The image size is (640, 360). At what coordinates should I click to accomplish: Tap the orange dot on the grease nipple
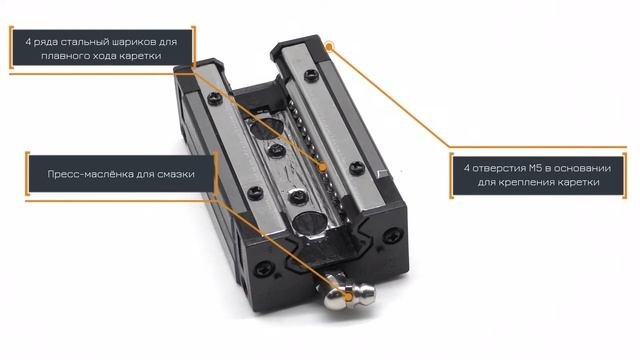(348, 297)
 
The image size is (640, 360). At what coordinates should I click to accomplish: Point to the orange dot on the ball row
(323, 167)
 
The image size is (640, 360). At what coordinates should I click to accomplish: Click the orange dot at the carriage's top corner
(330, 47)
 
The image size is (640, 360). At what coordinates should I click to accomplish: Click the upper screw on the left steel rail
(215, 98)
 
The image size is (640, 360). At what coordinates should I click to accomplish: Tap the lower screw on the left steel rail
(255, 193)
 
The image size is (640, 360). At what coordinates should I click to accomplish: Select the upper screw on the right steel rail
(311, 76)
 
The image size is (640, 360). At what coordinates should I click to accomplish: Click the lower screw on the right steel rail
(357, 168)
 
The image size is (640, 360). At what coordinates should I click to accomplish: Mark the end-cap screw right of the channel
(393, 236)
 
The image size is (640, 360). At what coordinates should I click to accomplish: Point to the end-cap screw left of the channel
(264, 269)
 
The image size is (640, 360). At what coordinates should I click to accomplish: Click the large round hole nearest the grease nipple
(309, 223)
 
